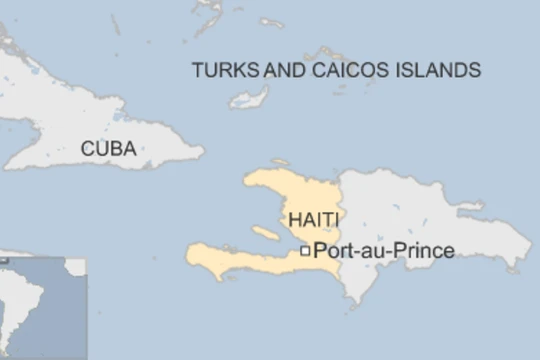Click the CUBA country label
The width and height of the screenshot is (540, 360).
click(x=108, y=149)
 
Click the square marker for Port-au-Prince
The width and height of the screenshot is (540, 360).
click(x=305, y=251)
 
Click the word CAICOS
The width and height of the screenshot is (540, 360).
click(x=344, y=70)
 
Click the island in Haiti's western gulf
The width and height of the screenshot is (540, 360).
click(x=265, y=233)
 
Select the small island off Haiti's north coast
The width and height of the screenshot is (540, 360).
click(x=281, y=162)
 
